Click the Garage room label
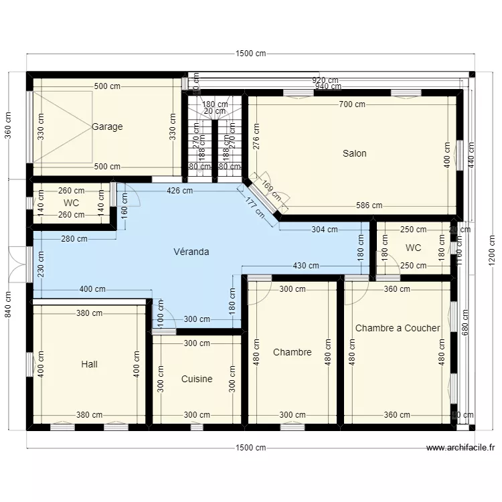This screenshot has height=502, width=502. pos(107,127)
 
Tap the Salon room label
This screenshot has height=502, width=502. pos(354,153)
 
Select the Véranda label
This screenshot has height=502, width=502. pos(191,252)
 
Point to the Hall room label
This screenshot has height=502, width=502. pos(89,364)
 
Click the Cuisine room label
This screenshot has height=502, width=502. pos(197,379)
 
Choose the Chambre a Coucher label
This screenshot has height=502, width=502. pos(398,328)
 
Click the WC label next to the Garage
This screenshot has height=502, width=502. pos(72,202)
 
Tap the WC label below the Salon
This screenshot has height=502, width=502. pos(413,248)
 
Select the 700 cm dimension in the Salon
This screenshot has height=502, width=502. pos(352,104)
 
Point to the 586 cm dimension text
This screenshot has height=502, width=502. pos(369,205)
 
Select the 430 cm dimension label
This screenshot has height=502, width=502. pos(306,266)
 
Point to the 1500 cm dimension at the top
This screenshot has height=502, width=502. pos(251,54)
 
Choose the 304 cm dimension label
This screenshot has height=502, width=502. pos(325,230)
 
